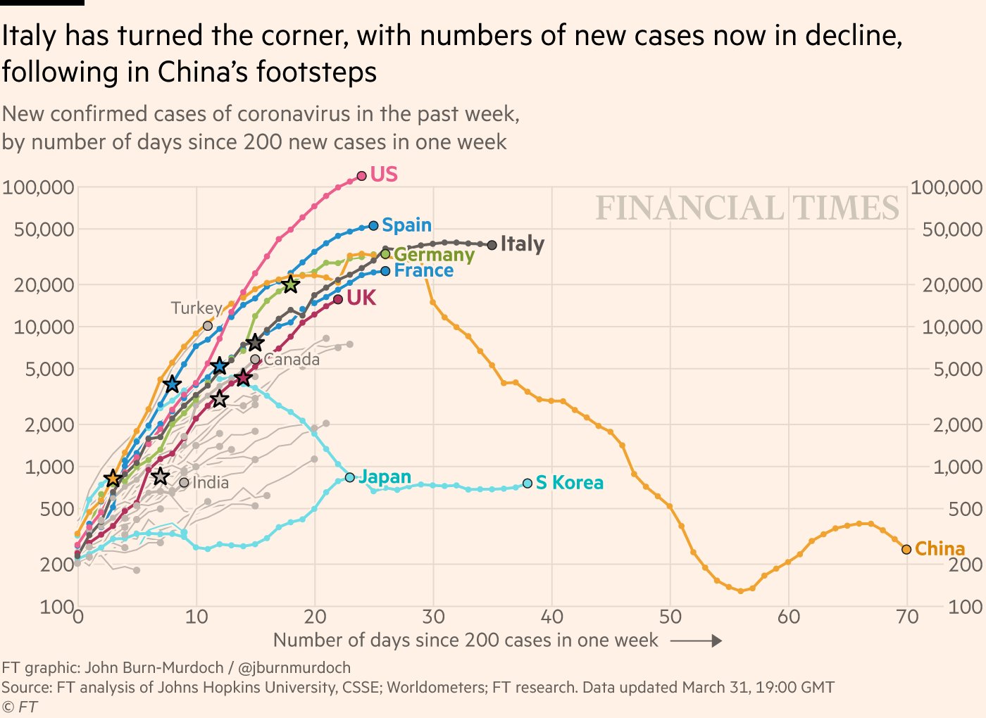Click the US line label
tap(384, 174)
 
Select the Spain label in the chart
tap(406, 225)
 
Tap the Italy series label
tap(522, 244)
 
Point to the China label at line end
tap(940, 548)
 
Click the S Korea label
tap(569, 483)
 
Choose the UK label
tap(361, 298)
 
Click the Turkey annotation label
tap(196, 308)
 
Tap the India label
tap(211, 483)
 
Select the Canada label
tap(292, 360)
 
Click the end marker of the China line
tap(906, 549)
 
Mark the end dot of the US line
tap(362, 175)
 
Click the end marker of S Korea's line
tap(528, 484)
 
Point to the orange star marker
tap(113, 479)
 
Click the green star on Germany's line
tap(290, 284)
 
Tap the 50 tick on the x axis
tap(670, 617)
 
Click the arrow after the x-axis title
tap(696, 641)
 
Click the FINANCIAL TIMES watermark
tap(747, 208)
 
